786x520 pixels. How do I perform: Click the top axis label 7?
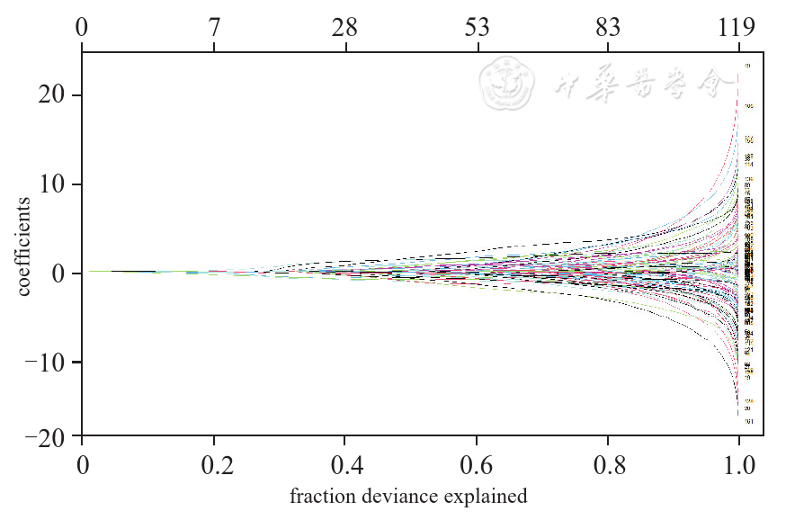214,28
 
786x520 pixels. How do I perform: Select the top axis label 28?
345,28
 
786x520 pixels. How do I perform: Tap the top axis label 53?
478,28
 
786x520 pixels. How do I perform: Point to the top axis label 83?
609,28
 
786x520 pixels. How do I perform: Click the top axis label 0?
82,28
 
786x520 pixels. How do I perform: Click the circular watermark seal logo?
508,85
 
